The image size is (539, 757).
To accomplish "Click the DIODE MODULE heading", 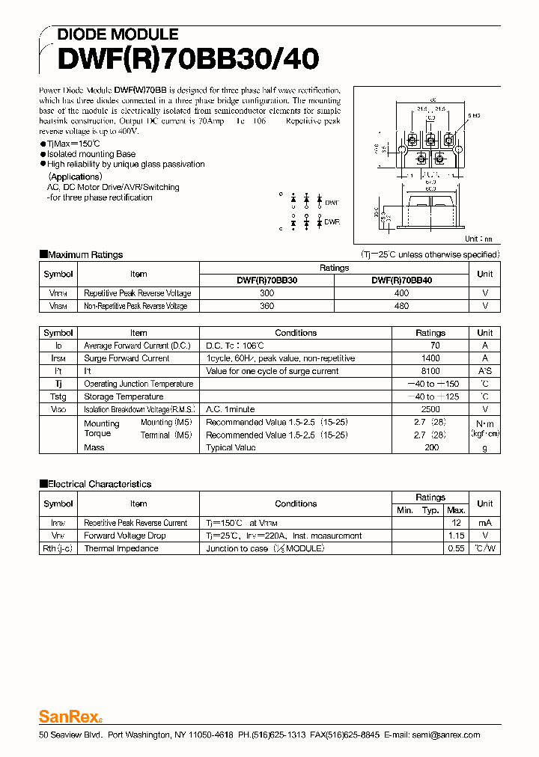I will (x=118, y=34).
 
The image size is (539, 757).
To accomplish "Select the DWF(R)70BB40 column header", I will (x=401, y=281).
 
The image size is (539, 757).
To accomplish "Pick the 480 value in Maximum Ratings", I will (x=401, y=306).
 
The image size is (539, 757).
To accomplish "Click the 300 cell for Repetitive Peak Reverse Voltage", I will (x=267, y=293).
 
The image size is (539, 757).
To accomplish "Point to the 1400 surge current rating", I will (x=430, y=358).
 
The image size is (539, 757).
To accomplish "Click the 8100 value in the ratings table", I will (x=430, y=371).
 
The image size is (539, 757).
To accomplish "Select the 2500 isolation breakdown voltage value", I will (x=430, y=409).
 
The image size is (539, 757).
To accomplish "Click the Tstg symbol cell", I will (x=58, y=396).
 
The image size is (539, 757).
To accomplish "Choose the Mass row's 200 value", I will (x=431, y=447).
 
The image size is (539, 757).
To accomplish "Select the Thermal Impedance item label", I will (x=121, y=548).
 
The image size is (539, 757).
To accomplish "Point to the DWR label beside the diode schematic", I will (x=331, y=222).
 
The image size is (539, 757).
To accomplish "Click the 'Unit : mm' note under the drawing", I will (x=478, y=239).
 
